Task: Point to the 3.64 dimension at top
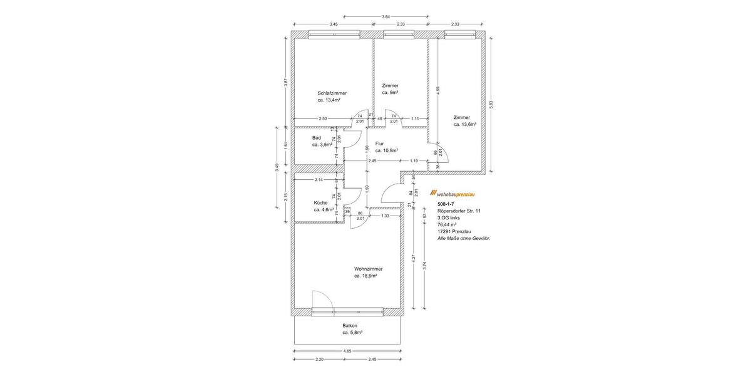click(x=386, y=16)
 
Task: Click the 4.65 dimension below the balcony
click(x=347, y=351)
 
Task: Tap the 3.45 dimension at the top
click(x=334, y=24)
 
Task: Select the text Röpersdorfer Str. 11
click(x=460, y=211)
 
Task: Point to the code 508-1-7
click(x=446, y=205)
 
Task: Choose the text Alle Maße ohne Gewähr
click(x=464, y=238)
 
